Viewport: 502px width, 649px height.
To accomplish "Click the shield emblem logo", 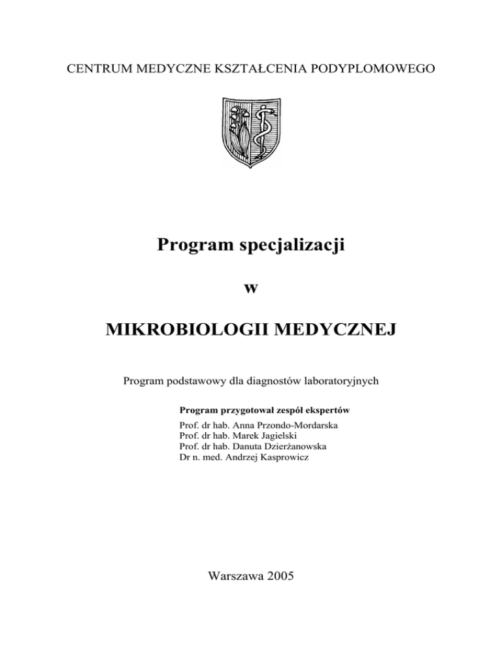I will pyautogui.click(x=251, y=132).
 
